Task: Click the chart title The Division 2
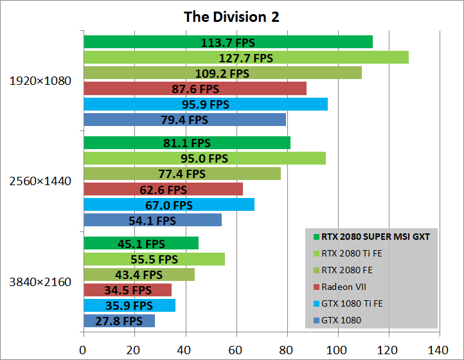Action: (231, 16)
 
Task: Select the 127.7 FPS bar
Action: (245, 58)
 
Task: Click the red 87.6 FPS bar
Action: (195, 89)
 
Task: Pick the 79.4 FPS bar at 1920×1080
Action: (184, 120)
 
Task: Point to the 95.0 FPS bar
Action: (204, 158)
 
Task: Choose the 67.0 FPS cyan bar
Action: (168, 205)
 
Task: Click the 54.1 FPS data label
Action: (152, 221)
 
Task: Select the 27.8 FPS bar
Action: (119, 321)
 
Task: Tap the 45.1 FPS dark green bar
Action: (141, 244)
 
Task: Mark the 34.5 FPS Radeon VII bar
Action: (127, 290)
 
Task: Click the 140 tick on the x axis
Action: (440, 351)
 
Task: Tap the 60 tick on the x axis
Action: (236, 351)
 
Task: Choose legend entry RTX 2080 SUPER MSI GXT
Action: (375, 236)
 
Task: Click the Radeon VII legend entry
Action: (344, 287)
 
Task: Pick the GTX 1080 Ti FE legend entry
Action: (352, 303)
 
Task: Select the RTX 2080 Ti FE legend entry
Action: (352, 253)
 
